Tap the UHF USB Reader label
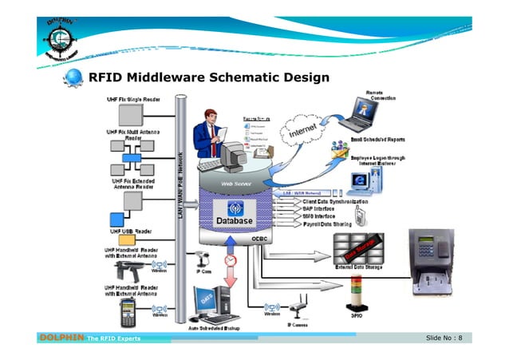120,231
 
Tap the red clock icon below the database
231,261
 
